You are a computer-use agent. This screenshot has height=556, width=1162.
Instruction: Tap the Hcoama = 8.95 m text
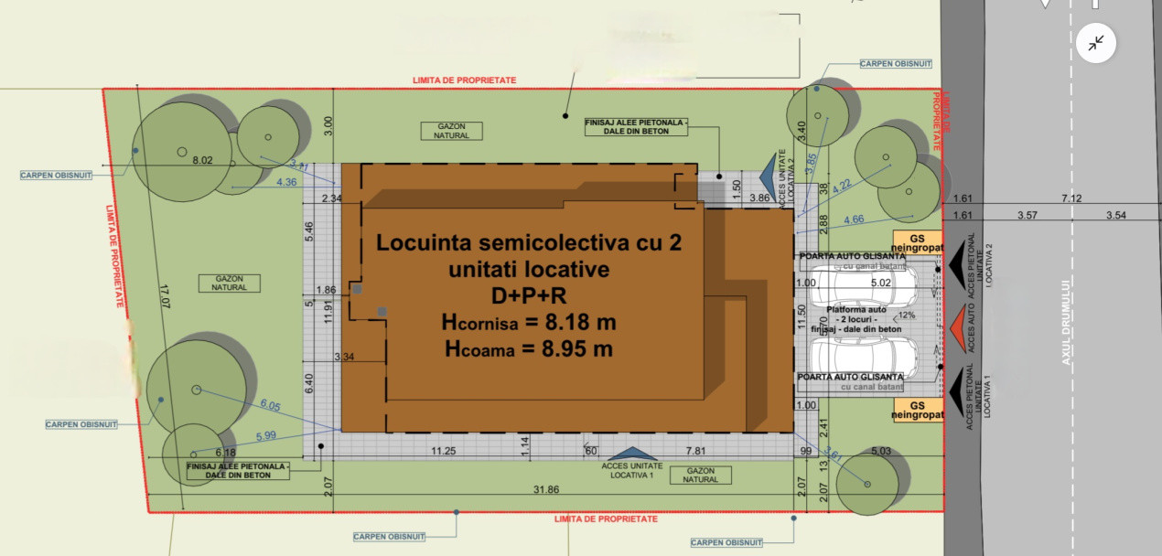pos(529,348)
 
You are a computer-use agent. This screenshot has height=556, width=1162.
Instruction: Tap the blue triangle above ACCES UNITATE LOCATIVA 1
pos(627,453)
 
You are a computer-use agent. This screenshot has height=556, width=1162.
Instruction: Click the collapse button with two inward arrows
pos(1095,43)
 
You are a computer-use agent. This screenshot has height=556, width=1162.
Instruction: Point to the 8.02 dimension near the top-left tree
pos(202,160)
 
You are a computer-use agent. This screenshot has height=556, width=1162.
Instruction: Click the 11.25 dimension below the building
pos(444,451)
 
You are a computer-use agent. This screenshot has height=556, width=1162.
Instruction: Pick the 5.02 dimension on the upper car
pos(880,283)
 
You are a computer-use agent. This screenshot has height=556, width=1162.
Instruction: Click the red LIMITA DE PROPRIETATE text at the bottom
pos(606,519)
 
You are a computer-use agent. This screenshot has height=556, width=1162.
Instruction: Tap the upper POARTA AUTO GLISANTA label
pos(851,256)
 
